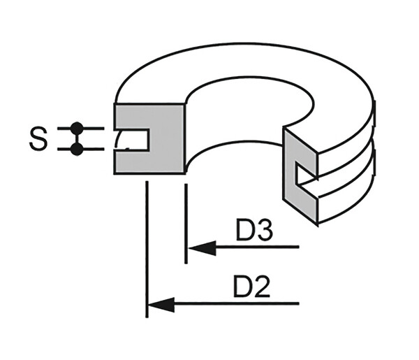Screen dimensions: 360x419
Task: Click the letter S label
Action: point(38,138)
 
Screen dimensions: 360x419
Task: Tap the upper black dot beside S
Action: point(77,128)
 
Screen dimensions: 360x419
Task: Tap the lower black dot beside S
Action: point(77,148)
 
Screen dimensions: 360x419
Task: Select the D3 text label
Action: point(253,231)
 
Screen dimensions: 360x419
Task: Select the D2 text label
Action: point(251,287)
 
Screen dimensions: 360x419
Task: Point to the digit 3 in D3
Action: point(263,231)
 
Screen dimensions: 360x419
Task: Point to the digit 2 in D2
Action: point(262,287)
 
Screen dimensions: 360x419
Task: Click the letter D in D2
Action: point(242,287)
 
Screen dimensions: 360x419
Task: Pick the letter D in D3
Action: point(244,231)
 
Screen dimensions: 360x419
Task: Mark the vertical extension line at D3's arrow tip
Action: point(186,224)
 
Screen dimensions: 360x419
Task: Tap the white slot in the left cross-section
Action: point(136,140)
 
